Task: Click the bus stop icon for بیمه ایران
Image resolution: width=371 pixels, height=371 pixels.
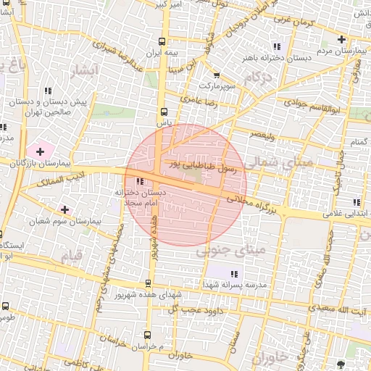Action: [162, 41]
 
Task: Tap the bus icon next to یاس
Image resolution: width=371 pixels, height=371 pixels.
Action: [163, 112]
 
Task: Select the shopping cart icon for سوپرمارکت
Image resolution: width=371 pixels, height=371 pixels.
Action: [216, 75]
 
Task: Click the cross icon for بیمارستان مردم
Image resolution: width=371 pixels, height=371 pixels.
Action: [340, 39]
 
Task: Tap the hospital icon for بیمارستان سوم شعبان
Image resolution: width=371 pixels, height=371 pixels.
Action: [65, 209]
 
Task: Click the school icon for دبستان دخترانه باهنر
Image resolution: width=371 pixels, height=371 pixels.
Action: [276, 46]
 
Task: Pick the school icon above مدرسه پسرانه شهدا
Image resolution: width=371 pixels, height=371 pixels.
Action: [233, 273]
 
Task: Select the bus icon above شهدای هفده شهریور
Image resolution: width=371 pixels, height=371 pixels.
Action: [149, 283]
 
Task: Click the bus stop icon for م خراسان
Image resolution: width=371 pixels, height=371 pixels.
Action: [148, 335]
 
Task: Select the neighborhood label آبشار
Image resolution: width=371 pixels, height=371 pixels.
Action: [85, 71]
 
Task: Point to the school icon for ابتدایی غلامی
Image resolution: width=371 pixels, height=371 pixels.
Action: [355, 202]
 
